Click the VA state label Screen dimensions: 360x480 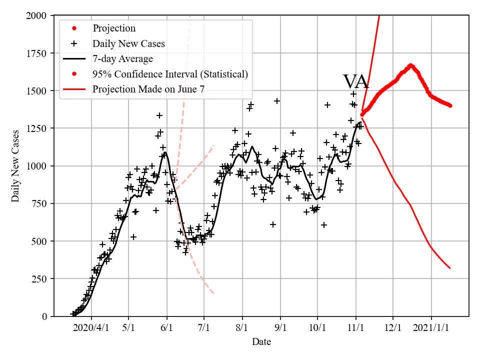tap(355, 82)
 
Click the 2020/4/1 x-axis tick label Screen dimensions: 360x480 tap(91, 328)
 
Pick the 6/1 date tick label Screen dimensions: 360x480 tap(166, 328)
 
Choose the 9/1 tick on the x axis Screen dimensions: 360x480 tap(280, 328)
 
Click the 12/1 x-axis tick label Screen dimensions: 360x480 tap(393, 328)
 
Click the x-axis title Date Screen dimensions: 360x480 tap(261, 342)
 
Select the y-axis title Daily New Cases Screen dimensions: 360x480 tap(15, 166)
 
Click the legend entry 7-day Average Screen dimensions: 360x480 tap(122, 59)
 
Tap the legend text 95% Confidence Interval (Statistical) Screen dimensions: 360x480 tap(170, 74)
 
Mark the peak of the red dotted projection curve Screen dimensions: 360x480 tap(410, 65)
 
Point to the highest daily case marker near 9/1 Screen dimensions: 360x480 tap(276, 101)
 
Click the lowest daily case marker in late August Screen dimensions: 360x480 tap(273, 224)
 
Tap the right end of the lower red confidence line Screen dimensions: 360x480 tap(450, 268)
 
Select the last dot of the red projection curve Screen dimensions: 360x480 tap(450, 105)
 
